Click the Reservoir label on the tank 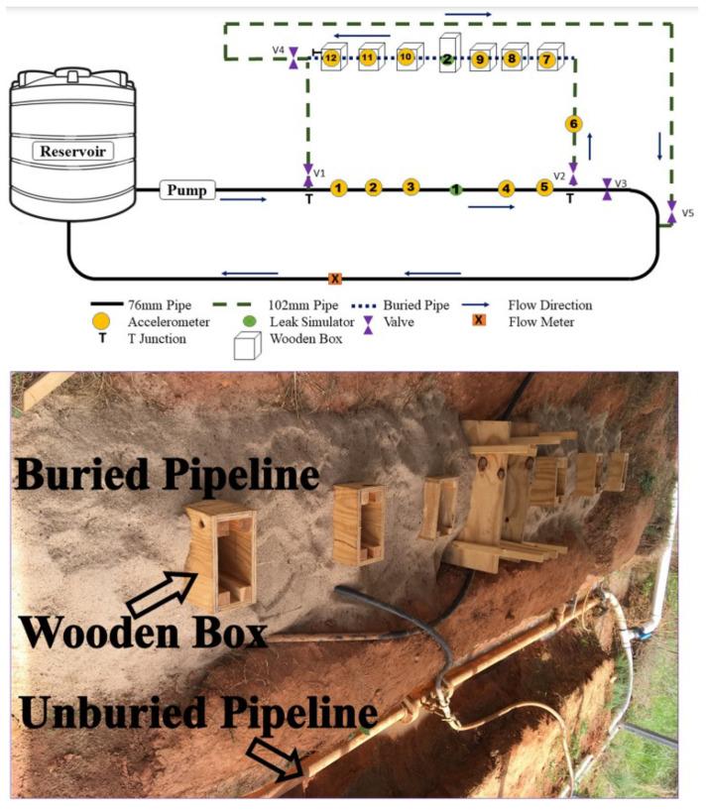point(72,152)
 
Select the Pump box point(187,189)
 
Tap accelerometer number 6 point(573,124)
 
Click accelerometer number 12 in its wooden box point(331,59)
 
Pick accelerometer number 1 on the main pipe point(338,187)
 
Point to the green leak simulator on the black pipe point(455,188)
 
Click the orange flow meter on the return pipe point(335,279)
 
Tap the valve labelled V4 point(294,58)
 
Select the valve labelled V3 point(607,189)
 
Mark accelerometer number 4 point(507,187)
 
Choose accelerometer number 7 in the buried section point(546,59)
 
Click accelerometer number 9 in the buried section point(480,59)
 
